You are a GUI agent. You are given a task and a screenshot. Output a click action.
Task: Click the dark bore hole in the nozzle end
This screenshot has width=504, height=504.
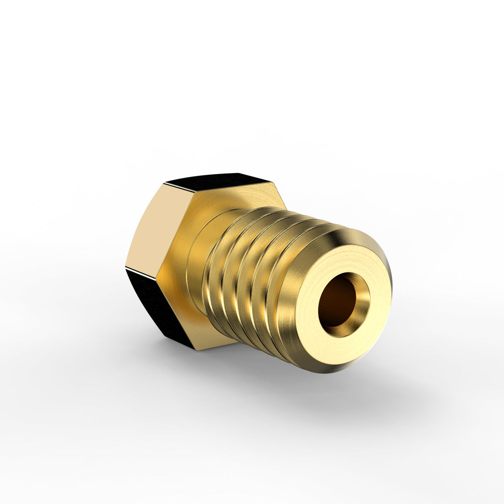click(x=337, y=300)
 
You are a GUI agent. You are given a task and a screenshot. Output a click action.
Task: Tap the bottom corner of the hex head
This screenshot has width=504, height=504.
click(x=195, y=350)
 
